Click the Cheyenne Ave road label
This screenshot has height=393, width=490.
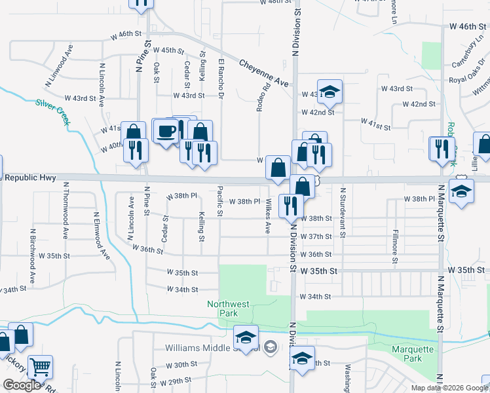point(264,73)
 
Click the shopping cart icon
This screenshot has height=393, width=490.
point(41,368)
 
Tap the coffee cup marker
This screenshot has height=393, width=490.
point(165,130)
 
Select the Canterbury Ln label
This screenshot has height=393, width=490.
point(466,54)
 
